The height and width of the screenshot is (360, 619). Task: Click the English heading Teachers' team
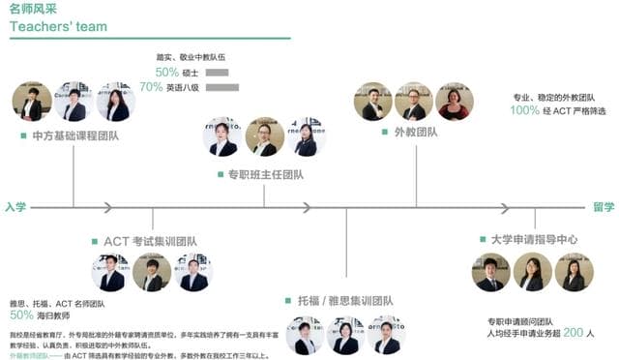pyautogui.click(x=58, y=26)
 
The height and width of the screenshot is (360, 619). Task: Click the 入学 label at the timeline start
pyautogui.click(x=15, y=206)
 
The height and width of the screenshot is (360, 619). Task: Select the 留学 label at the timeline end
pyautogui.click(x=604, y=206)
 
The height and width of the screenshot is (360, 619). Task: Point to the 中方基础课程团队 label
pyautogui.click(x=75, y=135)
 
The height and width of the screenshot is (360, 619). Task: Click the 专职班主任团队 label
pyautogui.click(x=265, y=175)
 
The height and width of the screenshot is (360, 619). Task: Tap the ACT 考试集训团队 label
pyautogui.click(x=149, y=241)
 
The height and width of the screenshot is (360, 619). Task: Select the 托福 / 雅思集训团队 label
pyautogui.click(x=344, y=301)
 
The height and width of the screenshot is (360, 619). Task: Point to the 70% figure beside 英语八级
pyautogui.click(x=151, y=87)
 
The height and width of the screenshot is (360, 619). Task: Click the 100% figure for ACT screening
pyautogui.click(x=524, y=110)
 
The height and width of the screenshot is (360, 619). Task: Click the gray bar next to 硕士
pyautogui.click(x=217, y=72)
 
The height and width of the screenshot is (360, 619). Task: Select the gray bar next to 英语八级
pyautogui.click(x=221, y=87)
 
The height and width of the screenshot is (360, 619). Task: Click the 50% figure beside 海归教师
pyautogui.click(x=21, y=315)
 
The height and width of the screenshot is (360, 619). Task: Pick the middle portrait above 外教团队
pyautogui.click(x=413, y=102)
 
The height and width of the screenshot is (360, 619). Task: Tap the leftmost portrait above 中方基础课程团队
pyautogui.click(x=32, y=102)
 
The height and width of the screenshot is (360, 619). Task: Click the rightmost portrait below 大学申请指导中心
pyautogui.click(x=574, y=272)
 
